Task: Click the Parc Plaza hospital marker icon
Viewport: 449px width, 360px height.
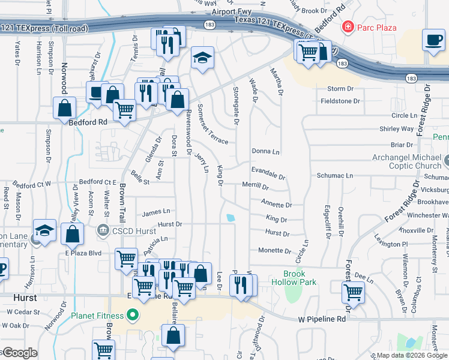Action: pos(347,27)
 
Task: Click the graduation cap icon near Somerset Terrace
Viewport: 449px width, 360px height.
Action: pos(203,58)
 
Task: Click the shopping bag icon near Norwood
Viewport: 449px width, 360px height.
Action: pos(65,109)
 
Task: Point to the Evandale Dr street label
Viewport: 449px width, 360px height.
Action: pos(268,173)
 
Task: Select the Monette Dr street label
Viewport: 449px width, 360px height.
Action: pos(274,251)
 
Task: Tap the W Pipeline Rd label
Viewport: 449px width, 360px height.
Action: pos(322,320)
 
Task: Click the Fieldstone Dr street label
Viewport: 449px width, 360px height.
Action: pos(340,101)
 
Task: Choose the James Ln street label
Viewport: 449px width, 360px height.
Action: pos(156,212)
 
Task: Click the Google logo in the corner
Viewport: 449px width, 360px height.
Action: pos(19,353)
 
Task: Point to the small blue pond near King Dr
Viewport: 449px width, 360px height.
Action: pos(230,218)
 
